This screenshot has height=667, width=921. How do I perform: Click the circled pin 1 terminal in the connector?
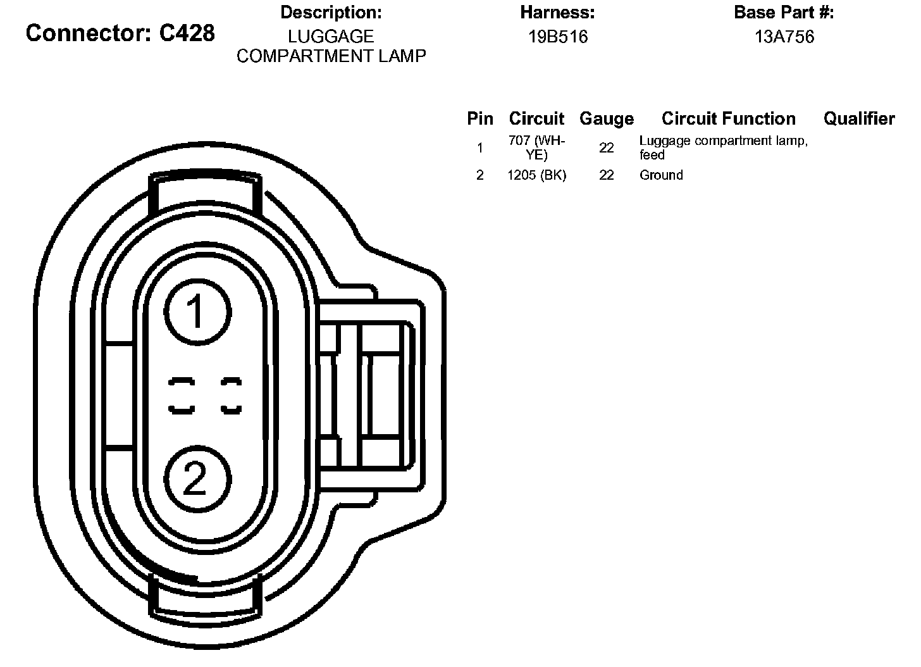197,312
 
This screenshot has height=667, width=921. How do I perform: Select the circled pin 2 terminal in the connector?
197,479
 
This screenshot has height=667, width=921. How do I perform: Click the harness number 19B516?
558,37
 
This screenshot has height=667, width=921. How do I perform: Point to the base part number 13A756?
784,37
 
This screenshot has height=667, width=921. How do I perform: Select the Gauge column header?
607,119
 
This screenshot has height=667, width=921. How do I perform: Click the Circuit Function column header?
729,118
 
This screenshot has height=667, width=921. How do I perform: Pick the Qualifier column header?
859,118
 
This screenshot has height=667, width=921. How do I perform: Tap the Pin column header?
480,118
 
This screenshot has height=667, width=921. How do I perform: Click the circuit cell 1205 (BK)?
536,175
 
